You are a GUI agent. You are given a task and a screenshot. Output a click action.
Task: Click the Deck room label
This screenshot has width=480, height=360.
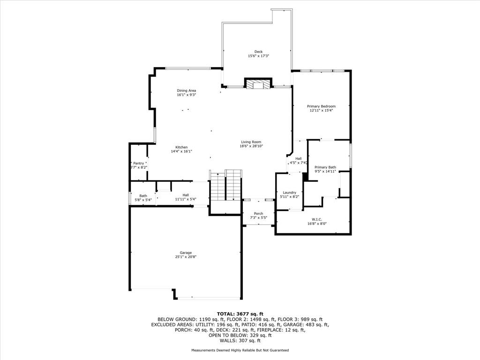[x=258, y=52]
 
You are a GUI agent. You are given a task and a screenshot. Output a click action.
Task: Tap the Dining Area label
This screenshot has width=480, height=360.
[x=187, y=90]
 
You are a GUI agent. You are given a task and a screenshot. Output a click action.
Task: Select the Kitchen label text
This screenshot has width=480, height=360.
[x=181, y=147]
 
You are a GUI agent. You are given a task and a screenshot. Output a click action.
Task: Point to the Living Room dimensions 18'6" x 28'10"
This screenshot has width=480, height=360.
[x=251, y=146]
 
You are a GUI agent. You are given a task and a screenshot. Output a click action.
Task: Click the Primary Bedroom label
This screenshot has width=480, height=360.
[x=321, y=106]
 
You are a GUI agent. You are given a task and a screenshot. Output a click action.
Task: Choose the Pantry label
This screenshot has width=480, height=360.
[x=138, y=164]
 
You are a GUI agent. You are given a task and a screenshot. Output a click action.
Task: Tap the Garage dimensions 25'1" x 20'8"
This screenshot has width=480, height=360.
[x=186, y=257]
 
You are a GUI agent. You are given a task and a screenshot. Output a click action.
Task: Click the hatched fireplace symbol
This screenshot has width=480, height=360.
[x=258, y=84]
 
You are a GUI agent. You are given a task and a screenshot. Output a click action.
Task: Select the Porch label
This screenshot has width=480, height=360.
[x=258, y=214]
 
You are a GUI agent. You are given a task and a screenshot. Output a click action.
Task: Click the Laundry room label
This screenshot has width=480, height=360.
[x=289, y=193]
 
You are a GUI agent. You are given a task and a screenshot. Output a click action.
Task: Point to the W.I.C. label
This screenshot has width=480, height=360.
[x=317, y=219]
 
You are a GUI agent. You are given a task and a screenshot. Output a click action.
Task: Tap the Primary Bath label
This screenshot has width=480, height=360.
[x=325, y=167]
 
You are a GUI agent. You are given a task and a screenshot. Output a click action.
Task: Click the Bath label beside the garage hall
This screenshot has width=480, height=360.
[x=143, y=196]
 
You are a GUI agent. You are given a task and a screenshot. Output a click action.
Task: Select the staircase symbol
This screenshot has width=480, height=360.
[x=225, y=185]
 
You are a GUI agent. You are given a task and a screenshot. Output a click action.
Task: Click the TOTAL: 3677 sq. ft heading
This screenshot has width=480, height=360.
[x=240, y=314]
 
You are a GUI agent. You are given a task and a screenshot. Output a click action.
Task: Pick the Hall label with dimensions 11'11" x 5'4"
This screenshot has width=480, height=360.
[x=186, y=195]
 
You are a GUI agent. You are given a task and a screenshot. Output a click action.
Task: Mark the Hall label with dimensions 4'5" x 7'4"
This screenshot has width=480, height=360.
[x=298, y=158]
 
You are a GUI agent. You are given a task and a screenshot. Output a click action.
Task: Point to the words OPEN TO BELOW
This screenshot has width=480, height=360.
[x=224, y=335]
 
